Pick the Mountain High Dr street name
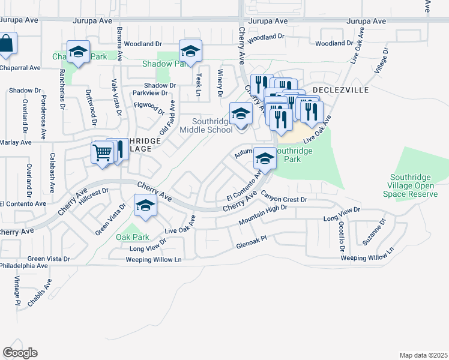[263, 215]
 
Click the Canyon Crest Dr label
[284, 196]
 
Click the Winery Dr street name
[220, 83]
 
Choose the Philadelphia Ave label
[24, 265]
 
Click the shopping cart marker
[102, 154]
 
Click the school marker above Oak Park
[145, 206]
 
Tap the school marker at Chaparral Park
[78, 52]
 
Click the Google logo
[20, 353]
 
